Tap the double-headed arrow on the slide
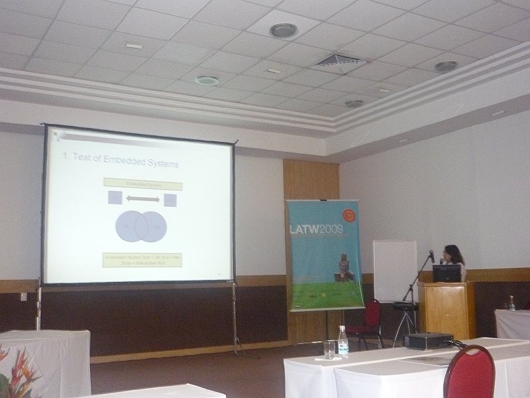pyautogui.click(x=142, y=199)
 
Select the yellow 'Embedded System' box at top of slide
pyautogui.click(x=142, y=184)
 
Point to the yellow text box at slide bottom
pyautogui.click(x=142, y=259)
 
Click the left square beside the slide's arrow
pyautogui.click(x=115, y=198)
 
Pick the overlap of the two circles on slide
pyautogui.click(x=141, y=226)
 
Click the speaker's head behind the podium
pyautogui.click(x=453, y=253)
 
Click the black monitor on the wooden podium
pyautogui.click(x=447, y=273)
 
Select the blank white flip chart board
pyautogui.click(x=394, y=271)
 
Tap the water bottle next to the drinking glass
pyautogui.click(x=343, y=341)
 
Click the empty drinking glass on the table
pyautogui.click(x=329, y=349)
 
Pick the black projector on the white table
pyautogui.click(x=429, y=341)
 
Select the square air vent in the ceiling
pyautogui.click(x=337, y=62)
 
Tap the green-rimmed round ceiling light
pyautogui.click(x=207, y=80)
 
